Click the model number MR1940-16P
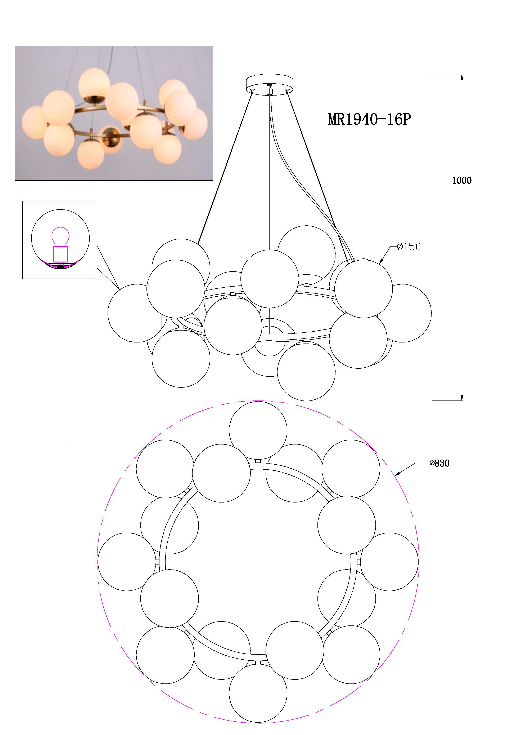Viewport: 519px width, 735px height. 369,119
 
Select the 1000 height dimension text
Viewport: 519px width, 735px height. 461,181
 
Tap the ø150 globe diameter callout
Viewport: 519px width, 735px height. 409,247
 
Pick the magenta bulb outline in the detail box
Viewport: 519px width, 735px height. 60,236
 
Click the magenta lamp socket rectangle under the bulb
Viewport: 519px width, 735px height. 60,253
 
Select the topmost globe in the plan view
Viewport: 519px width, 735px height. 258,430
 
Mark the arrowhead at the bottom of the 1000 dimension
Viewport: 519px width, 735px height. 462,397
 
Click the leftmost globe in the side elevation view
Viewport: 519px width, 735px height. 137,313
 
